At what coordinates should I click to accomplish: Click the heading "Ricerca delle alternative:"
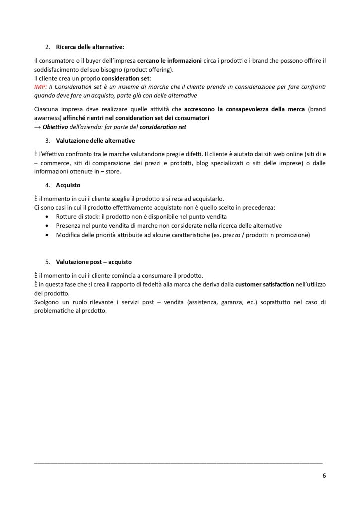click(x=90, y=47)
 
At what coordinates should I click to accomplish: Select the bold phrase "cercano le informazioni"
click(x=169, y=61)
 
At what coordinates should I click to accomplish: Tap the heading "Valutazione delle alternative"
click(x=95, y=141)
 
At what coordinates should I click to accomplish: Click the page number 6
click(x=324, y=475)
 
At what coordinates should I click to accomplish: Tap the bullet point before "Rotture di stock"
click(x=47, y=217)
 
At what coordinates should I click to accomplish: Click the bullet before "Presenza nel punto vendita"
click(x=47, y=226)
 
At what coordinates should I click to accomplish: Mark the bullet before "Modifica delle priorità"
click(x=47, y=235)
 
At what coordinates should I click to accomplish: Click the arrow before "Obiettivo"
click(x=37, y=127)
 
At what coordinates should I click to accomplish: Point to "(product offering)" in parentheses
click(x=147, y=69)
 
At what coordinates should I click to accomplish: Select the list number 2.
click(x=47, y=47)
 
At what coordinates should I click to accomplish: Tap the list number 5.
click(x=47, y=262)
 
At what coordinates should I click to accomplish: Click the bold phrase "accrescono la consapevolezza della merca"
click(x=246, y=109)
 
